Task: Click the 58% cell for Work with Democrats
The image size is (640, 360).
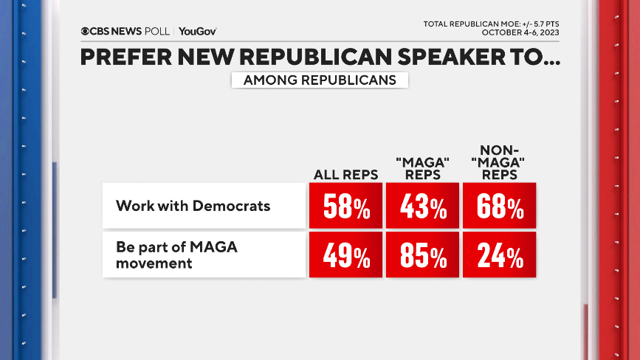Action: coord(345,206)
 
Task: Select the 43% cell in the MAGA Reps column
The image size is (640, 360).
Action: coord(422,206)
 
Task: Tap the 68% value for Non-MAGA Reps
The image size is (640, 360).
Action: coord(499,206)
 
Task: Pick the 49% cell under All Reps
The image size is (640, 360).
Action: coord(345,255)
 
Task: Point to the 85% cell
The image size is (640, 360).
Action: coord(422,255)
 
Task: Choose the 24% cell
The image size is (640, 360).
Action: coord(499,255)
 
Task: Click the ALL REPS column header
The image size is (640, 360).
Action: coord(345,175)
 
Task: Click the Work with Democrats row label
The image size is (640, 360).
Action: coord(193,206)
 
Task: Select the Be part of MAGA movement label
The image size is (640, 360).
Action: coord(176,255)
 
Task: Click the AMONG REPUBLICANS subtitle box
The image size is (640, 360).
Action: coord(320,80)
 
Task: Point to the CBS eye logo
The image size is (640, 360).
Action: coord(86,31)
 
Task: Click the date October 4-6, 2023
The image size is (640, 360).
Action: coord(520,32)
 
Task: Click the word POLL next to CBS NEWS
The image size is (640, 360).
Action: coord(157,31)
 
